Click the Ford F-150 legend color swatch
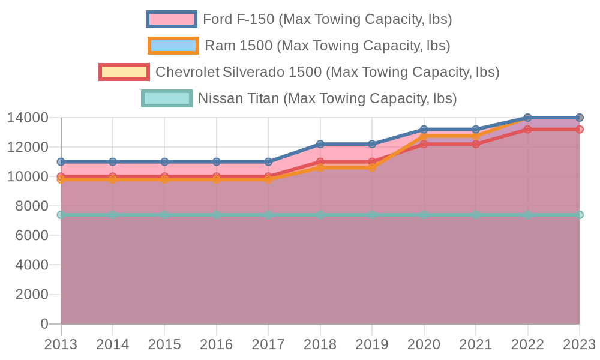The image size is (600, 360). coord(171,19)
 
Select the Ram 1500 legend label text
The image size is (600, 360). coord(327,46)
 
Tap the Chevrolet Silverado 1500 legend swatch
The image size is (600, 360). coord(124,72)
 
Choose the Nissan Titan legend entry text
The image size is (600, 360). coord(327,98)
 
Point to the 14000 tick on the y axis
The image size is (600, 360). coord(28,118)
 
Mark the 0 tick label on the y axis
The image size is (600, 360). coord(44,324)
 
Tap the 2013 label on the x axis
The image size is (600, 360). coord(61,344)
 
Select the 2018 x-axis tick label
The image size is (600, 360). coord(320,344)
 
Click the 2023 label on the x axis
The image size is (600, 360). coord(579,344)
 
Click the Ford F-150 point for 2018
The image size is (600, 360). coord(320,144)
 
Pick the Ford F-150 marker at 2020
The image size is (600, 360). coord(424,130)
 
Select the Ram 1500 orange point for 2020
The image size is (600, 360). coord(424,137)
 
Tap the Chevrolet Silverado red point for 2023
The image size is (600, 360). coord(580,130)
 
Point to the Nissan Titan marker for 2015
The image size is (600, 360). coord(164,215)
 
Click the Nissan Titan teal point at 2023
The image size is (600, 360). coord(580,215)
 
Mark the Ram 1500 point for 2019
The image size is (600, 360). coord(372,167)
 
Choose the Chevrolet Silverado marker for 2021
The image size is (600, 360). coord(476,144)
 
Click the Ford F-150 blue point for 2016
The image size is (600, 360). coord(217,162)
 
